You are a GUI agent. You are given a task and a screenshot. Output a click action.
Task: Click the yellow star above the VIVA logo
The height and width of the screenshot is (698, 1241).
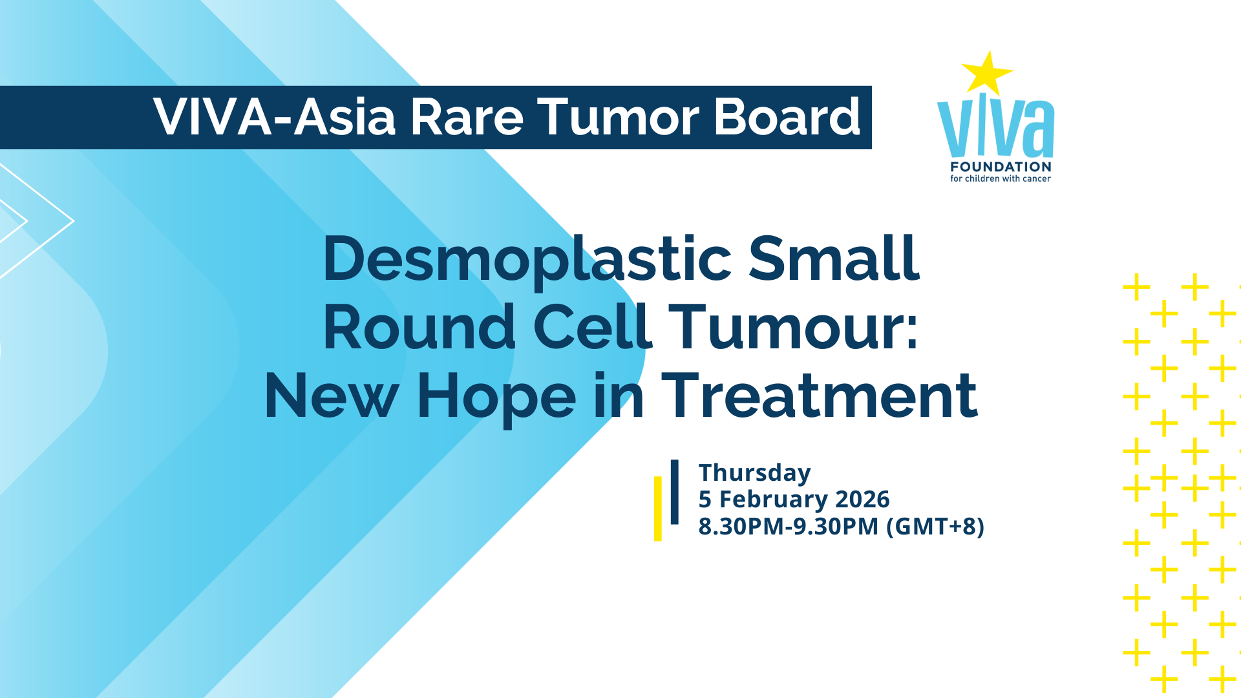click(x=986, y=73)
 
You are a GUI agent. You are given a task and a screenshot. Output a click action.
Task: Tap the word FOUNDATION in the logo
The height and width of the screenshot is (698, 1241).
click(x=1001, y=167)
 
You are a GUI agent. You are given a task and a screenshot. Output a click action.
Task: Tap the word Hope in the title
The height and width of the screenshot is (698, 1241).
click(x=496, y=398)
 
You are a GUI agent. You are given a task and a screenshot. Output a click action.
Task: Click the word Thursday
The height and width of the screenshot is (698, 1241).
click(x=754, y=474)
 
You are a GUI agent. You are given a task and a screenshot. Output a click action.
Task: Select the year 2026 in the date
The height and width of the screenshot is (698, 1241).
click(x=862, y=500)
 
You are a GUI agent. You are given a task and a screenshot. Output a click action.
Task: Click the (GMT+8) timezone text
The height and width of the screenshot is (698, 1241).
click(x=935, y=527)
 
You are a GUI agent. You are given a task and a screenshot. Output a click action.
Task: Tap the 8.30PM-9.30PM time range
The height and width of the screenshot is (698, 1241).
click(x=789, y=527)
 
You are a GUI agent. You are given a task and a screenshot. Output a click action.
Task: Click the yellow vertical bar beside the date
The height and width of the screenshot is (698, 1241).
click(x=658, y=509)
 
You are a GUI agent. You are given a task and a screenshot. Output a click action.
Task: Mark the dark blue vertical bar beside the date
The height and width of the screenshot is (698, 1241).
click(x=675, y=492)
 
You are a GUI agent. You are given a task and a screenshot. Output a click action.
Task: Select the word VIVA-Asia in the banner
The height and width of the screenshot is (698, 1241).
click(x=274, y=118)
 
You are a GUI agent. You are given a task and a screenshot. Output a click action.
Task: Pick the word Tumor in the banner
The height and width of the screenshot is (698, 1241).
click(x=619, y=118)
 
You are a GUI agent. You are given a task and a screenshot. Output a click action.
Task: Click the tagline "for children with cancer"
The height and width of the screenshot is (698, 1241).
click(x=1001, y=178)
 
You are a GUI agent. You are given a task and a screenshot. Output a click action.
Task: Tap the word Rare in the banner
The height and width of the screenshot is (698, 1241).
click(x=467, y=118)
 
